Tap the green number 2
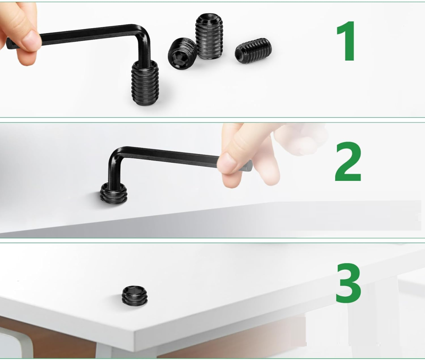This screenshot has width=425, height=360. coord(348,162)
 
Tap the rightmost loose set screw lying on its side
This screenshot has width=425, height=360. coord(253,50)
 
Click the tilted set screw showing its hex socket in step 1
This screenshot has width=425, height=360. coord(182,53)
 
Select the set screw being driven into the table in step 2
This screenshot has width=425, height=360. coord(114,193)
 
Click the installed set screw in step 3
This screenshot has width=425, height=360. coord(135,296)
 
